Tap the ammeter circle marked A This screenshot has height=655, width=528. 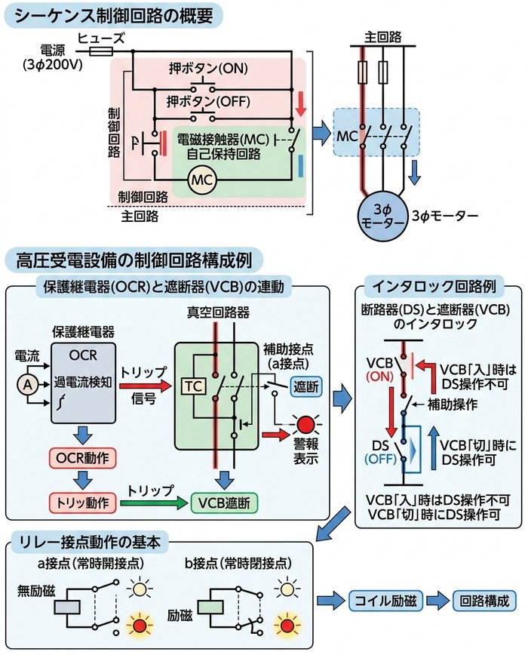pos(25,384)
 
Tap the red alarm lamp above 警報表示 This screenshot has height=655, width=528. pos(305,424)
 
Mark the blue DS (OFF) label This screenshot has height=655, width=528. pos(379,451)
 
